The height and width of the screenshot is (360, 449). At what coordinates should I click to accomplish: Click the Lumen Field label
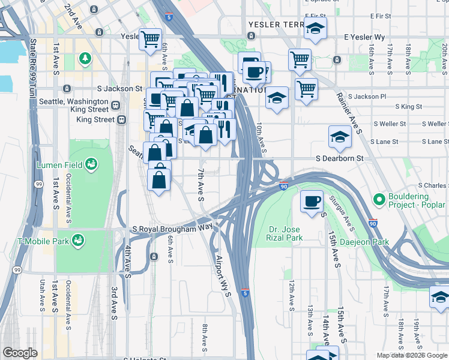[x=56, y=164]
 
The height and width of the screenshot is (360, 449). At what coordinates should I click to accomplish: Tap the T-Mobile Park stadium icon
[x=77, y=241]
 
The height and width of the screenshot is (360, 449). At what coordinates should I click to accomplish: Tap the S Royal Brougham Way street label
[x=172, y=229]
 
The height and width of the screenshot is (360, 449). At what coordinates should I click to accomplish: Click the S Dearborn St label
[x=340, y=158]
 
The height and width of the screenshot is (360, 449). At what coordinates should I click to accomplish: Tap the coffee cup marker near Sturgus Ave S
[x=311, y=201]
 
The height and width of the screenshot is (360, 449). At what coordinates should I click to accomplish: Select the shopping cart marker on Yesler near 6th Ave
[x=150, y=39]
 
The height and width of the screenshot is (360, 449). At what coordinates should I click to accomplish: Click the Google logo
[x=20, y=353]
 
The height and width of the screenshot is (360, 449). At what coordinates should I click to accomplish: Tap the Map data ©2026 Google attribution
[x=411, y=355]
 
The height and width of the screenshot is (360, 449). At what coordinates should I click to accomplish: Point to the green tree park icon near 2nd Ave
[x=86, y=58]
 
